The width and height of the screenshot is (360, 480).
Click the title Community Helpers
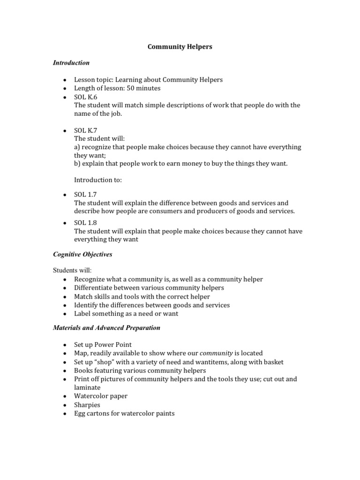(x=180, y=47)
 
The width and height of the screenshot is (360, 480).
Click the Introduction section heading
(x=71, y=62)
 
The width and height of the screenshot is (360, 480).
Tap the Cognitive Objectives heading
(x=82, y=255)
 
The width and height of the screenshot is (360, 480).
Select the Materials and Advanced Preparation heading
(x=106, y=328)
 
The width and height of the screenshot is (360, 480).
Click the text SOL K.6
(x=85, y=97)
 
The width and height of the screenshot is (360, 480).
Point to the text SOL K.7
(x=85, y=130)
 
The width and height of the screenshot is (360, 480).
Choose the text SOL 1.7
(x=85, y=195)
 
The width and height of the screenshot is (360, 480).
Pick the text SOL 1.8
(x=85, y=223)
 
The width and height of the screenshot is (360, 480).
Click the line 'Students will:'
(x=72, y=270)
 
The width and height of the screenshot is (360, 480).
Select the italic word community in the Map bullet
(x=216, y=353)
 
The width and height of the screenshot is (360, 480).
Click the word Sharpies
(x=87, y=405)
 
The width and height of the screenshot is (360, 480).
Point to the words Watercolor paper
(x=101, y=396)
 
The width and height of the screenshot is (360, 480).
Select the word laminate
(x=88, y=388)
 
